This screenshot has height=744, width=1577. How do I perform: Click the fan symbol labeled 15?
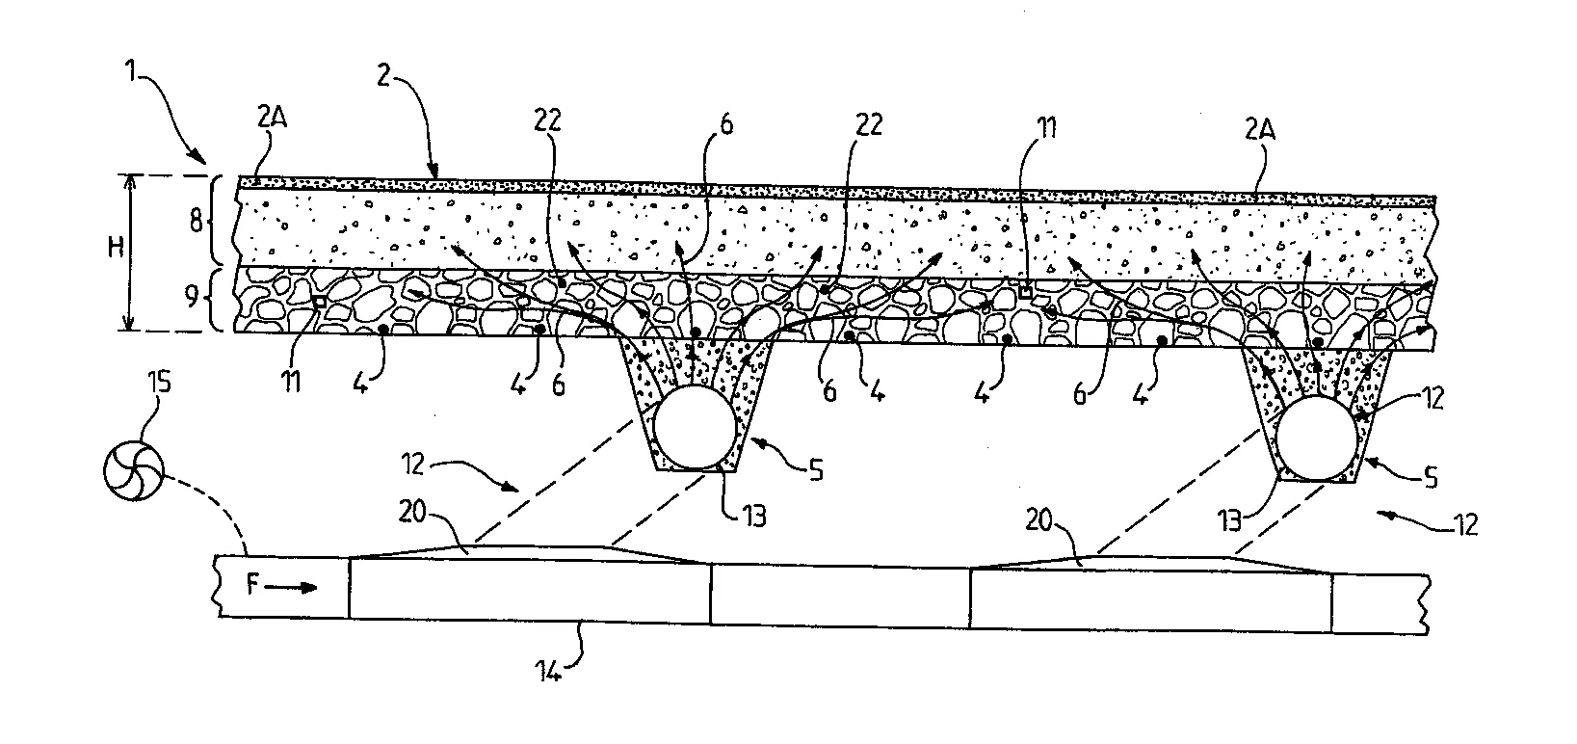click(x=134, y=471)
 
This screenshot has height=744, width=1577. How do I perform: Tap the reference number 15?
click(x=158, y=383)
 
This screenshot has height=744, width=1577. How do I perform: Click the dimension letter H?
click(x=117, y=248)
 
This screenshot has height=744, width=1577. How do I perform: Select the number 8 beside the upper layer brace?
click(x=197, y=222)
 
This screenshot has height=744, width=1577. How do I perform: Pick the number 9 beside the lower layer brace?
click(x=193, y=297)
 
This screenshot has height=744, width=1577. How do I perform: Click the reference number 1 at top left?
click(x=130, y=71)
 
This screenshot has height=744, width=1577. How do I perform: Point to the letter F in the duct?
click(x=252, y=584)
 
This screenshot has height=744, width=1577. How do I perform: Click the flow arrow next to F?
click(x=291, y=587)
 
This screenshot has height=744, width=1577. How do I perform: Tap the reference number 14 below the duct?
click(x=548, y=672)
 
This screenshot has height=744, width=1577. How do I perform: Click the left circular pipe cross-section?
click(x=696, y=427)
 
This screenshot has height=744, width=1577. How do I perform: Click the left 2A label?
click(x=273, y=117)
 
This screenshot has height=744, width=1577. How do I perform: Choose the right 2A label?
click(x=1259, y=130)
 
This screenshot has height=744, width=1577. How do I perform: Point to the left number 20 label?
click(x=412, y=511)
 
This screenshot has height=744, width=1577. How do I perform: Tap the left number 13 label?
click(x=754, y=517)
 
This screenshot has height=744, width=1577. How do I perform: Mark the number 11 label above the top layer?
click(x=1046, y=128)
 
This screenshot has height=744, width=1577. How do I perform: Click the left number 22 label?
click(x=547, y=120)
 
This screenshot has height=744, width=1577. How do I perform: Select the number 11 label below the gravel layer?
click(x=291, y=383)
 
